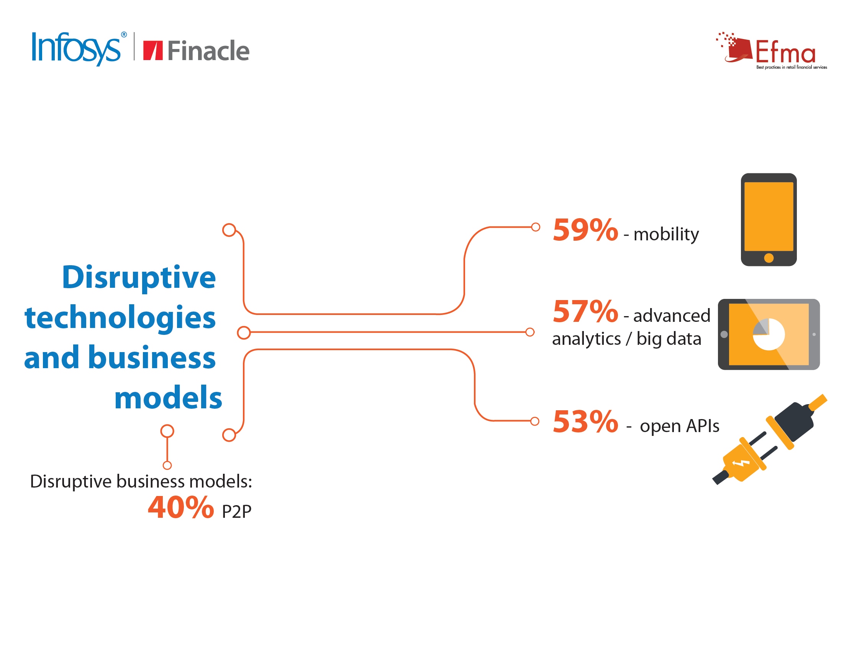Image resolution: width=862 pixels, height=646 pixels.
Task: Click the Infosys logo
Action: [79, 49]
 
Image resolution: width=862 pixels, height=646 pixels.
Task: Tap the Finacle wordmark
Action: [208, 51]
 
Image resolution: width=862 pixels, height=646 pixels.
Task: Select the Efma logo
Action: [772, 51]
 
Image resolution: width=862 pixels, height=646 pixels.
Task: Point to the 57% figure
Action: [585, 312]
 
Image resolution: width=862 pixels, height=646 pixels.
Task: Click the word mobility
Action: [666, 235]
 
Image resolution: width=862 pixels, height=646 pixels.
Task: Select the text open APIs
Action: [680, 426]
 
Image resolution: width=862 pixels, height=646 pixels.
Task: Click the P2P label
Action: [236, 511]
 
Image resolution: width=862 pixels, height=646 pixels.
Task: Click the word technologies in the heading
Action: [120, 318]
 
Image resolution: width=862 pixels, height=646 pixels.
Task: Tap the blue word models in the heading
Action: [168, 397]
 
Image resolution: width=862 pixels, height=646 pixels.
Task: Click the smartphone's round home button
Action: [769, 258]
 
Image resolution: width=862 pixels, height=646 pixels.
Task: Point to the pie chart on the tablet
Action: [769, 334]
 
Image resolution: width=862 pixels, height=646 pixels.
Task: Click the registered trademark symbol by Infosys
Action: [124, 35]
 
